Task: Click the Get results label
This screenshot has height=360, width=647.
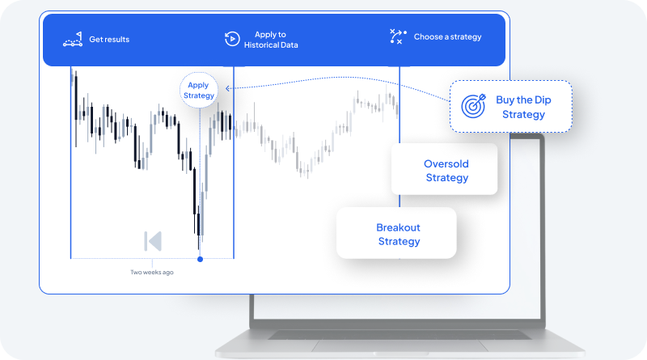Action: pos(109,39)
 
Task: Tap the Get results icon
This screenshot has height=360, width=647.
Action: pos(74,39)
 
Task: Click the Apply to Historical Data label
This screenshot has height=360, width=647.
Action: pos(271,40)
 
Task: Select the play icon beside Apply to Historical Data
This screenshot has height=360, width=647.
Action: pos(231,39)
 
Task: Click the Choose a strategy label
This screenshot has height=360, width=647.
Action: pos(447,37)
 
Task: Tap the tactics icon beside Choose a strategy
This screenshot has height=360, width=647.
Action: pos(397,36)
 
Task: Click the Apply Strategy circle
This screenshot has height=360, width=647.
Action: pos(199,91)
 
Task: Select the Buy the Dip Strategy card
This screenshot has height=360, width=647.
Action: pos(510,106)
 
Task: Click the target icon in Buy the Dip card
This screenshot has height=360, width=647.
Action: pos(472,105)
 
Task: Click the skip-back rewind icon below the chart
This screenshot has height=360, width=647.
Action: pos(153,241)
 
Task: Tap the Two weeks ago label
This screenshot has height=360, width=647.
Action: pos(152,272)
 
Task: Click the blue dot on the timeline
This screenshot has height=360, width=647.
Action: pos(200,259)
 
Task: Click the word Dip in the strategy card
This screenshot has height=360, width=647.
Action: pos(545,100)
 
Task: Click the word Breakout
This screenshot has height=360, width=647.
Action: pos(398,228)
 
